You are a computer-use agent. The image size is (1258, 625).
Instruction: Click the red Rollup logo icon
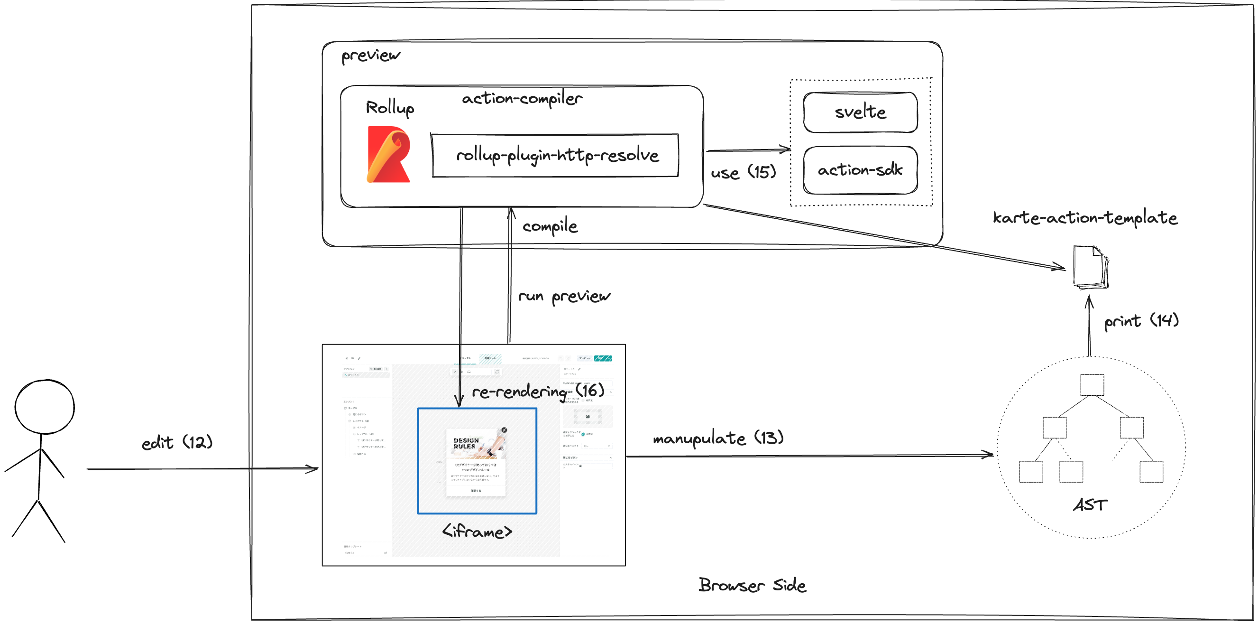tap(388, 154)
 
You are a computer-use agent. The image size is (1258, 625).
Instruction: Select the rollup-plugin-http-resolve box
tap(555, 155)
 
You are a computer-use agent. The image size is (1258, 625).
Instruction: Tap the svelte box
tap(860, 112)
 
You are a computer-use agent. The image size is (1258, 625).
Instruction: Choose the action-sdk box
tap(860, 170)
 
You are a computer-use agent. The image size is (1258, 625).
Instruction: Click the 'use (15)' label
tap(743, 172)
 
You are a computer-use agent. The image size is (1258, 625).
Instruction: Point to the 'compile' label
tap(550, 226)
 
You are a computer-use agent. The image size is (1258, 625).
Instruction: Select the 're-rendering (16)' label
tap(538, 391)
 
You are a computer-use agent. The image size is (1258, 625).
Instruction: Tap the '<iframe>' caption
tap(477, 531)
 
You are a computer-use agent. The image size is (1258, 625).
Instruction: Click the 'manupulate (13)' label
tap(718, 438)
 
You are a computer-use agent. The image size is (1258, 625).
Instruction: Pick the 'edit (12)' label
tap(177, 443)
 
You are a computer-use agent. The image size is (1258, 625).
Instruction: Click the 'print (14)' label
tap(1141, 321)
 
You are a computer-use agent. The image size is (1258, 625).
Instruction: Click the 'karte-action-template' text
tap(1084, 218)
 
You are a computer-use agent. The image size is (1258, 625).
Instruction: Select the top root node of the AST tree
tap(1092, 385)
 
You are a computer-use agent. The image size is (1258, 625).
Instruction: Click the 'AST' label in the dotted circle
tap(1090, 505)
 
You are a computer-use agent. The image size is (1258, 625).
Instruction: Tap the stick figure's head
tap(45, 407)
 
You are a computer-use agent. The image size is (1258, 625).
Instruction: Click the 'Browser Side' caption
tap(752, 585)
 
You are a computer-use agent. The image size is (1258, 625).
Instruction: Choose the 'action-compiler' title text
tap(522, 99)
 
